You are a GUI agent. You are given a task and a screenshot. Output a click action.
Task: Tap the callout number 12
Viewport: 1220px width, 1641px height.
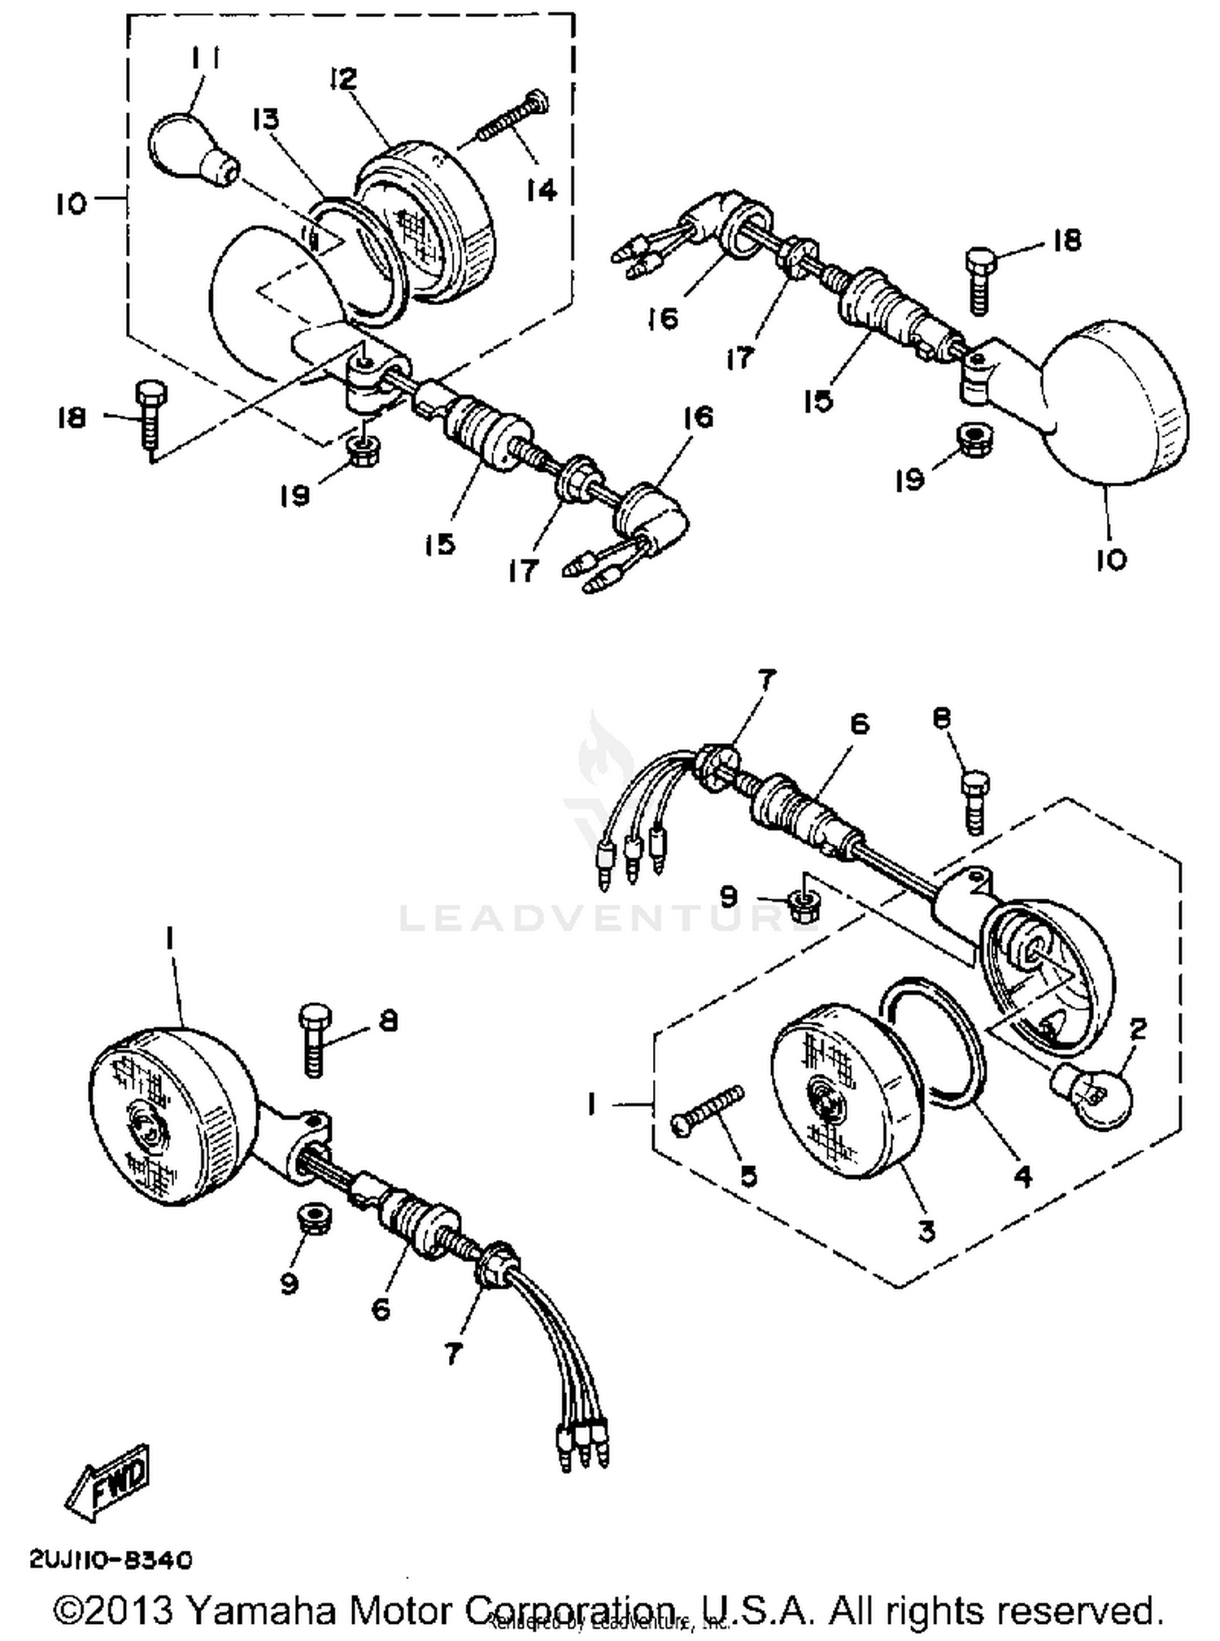click(x=343, y=79)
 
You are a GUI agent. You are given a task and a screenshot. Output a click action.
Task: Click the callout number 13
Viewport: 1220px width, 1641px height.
click(x=265, y=120)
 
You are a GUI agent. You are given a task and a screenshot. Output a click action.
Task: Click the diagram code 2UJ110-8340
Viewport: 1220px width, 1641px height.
click(x=111, y=1560)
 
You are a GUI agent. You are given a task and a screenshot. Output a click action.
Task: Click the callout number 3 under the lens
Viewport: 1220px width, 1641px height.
click(x=926, y=1231)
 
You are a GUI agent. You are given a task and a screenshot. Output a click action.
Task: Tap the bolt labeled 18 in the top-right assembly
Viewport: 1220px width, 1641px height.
click(x=980, y=280)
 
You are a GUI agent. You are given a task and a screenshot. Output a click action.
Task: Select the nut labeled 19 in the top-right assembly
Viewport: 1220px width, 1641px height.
click(x=970, y=439)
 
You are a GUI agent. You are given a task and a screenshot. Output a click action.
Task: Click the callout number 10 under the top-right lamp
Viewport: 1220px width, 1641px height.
click(x=1111, y=560)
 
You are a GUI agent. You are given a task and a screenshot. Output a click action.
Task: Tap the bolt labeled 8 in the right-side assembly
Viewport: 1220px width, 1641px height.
click(x=975, y=802)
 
